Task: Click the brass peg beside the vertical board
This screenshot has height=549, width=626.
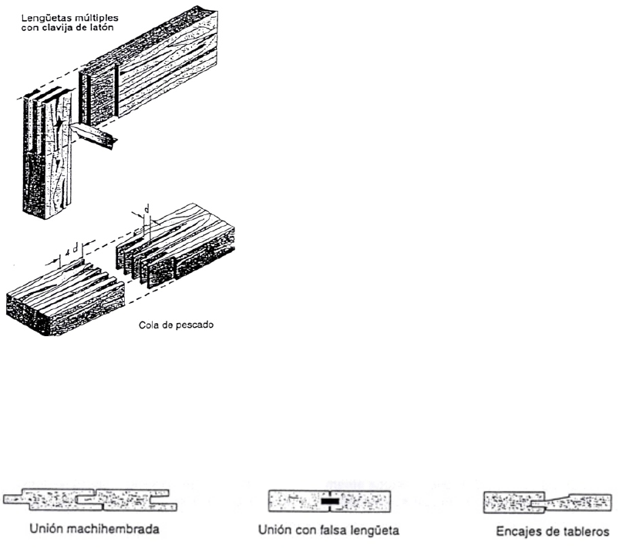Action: (x=94, y=135)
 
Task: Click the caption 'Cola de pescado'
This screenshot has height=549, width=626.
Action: (x=176, y=325)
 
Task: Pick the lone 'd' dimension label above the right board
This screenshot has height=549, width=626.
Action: (x=147, y=209)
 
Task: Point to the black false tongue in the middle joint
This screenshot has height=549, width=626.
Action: (x=331, y=501)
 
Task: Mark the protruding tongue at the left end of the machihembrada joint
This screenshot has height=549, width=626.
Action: (x=14, y=500)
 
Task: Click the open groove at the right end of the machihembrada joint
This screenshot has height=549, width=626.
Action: (x=163, y=500)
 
